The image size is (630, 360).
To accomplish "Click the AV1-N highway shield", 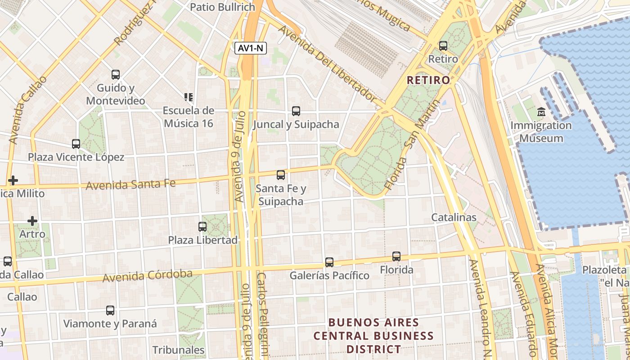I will coord(250,48).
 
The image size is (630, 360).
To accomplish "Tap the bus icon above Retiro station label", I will coord(443,45).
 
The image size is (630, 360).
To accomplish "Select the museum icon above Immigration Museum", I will coord(541,112).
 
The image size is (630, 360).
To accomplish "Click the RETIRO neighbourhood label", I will coord(428,80).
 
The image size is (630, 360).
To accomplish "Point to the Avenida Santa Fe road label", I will coord(130,184).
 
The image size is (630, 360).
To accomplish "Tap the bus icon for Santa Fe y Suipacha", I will coord(281,175).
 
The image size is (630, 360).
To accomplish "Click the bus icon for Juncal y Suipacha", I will coord(296,111).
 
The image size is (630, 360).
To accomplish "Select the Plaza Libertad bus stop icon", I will coord(202,226).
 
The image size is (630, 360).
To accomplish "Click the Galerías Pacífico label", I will coord(329,275).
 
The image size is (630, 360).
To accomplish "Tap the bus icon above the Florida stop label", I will coord(396,256).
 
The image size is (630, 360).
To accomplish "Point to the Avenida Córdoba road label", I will coord(147,275).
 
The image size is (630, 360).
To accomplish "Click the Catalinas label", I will coord(454,217).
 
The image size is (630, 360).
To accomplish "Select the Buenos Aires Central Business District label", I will coord(373,336).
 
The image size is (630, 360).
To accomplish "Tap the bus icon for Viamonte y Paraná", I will coord(110,310).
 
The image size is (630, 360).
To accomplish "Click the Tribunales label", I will coord(178,350).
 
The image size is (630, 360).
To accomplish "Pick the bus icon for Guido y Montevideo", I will coord(116,74).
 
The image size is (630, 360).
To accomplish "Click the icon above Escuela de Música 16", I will coord(189,97).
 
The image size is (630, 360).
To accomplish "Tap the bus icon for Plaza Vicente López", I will coord(76,144).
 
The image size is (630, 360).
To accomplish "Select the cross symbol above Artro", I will coord(32,221).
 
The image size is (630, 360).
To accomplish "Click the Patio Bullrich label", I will coord(222,7).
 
